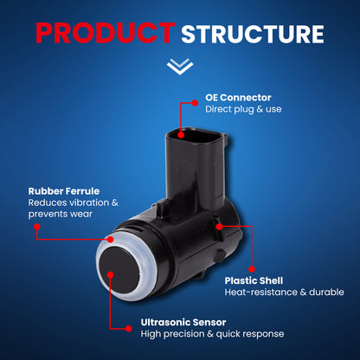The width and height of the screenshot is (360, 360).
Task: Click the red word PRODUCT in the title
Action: (x=106, y=33)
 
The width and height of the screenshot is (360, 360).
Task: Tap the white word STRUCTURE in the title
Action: (x=253, y=34)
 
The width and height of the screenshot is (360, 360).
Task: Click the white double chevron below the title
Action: (x=180, y=67)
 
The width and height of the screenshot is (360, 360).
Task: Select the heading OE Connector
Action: (x=238, y=98)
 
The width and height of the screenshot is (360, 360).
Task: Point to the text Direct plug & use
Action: (x=243, y=109)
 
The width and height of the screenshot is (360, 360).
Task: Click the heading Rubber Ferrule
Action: (x=64, y=191)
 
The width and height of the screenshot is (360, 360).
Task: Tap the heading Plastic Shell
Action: (x=254, y=280)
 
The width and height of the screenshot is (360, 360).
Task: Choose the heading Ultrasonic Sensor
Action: (x=183, y=322)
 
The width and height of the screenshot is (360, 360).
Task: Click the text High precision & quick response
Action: (x=212, y=334)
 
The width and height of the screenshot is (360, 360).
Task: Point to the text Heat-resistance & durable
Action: (x=285, y=292)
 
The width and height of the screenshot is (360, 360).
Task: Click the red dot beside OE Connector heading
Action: (x=195, y=103)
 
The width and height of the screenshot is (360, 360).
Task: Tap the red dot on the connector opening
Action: (x=181, y=135)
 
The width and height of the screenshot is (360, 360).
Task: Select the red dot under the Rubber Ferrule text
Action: (x=37, y=227)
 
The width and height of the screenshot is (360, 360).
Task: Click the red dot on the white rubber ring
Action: (x=110, y=240)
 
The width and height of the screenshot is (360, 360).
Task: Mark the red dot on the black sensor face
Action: (x=111, y=274)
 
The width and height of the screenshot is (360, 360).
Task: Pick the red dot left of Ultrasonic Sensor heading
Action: (x=129, y=329)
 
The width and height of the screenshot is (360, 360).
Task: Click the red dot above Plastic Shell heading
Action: (x=252, y=269)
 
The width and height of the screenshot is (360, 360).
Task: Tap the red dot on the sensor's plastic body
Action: (x=219, y=227)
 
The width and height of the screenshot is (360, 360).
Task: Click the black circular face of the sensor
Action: (x=119, y=269)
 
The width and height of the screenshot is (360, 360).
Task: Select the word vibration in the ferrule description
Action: (x=87, y=202)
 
